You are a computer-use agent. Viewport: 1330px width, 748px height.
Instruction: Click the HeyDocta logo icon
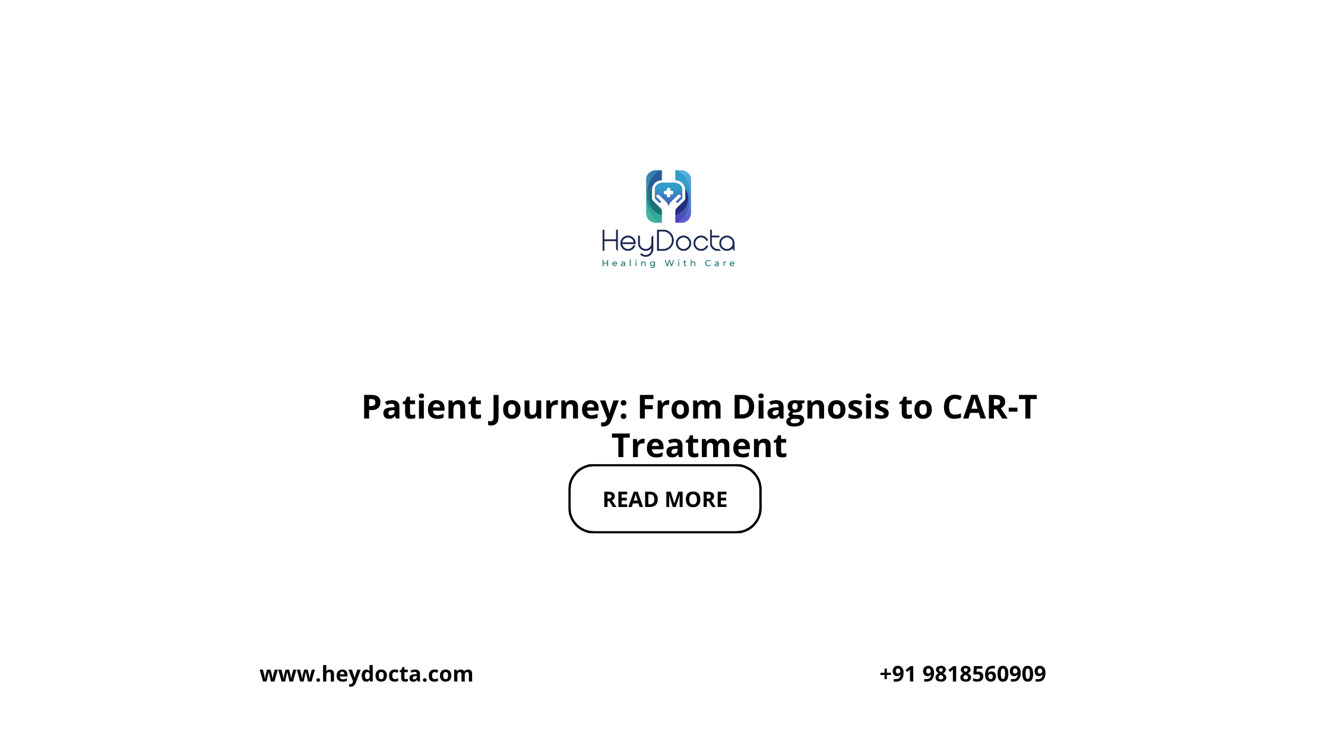tap(669, 196)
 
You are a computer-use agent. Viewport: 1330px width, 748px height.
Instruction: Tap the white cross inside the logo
tap(669, 192)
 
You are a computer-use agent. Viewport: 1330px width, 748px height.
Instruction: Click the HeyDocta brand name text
tap(669, 242)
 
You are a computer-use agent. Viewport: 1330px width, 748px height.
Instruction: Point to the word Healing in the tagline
tap(629, 263)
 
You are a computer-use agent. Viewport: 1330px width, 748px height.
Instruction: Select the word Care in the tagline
tap(720, 263)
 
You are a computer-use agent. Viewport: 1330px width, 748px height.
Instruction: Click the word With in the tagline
tap(680, 263)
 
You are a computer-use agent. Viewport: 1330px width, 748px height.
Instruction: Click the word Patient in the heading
tap(422, 407)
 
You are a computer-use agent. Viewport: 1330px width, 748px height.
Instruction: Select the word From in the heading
tap(680, 407)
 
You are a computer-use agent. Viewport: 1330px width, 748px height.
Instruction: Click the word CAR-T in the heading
tap(990, 407)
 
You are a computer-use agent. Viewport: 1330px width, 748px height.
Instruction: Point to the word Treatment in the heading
tap(699, 446)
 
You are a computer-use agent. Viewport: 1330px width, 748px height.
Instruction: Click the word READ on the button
tap(631, 500)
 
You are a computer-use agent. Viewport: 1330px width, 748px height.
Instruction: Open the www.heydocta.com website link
tap(366, 674)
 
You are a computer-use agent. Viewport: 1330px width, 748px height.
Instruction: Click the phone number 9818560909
tap(984, 674)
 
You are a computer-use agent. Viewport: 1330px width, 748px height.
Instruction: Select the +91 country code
tap(897, 674)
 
